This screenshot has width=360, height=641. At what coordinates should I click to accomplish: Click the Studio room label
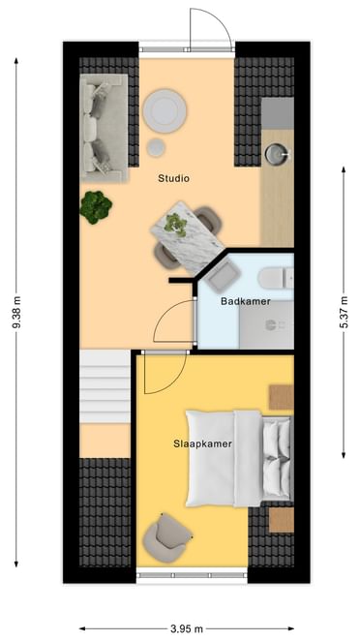pyautogui.click(x=173, y=178)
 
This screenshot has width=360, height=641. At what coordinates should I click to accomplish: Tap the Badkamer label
pyautogui.click(x=246, y=301)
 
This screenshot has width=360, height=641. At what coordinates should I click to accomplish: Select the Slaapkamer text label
pyautogui.click(x=202, y=444)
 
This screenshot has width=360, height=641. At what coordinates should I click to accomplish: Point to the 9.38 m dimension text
pyautogui.click(x=16, y=313)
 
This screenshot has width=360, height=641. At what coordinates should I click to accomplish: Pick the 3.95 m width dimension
pyautogui.click(x=186, y=628)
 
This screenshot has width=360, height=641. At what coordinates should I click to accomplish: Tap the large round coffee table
pyautogui.click(x=165, y=110)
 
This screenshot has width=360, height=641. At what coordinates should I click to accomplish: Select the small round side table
pyautogui.click(x=156, y=147)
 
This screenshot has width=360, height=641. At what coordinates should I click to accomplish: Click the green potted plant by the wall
pyautogui.click(x=96, y=207)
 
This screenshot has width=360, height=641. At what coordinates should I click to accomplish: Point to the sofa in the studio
pyautogui.click(x=105, y=127)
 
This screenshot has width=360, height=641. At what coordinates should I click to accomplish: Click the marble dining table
pyautogui.click(x=188, y=237)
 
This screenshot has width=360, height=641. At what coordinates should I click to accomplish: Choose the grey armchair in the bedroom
pyautogui.click(x=166, y=536)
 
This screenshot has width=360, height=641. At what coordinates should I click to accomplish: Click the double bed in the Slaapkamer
pyautogui.click(x=239, y=458)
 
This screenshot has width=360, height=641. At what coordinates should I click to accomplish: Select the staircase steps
pyautogui.click(x=105, y=386)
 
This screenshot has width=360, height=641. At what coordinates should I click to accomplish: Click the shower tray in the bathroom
pyautogui.click(x=266, y=324)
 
